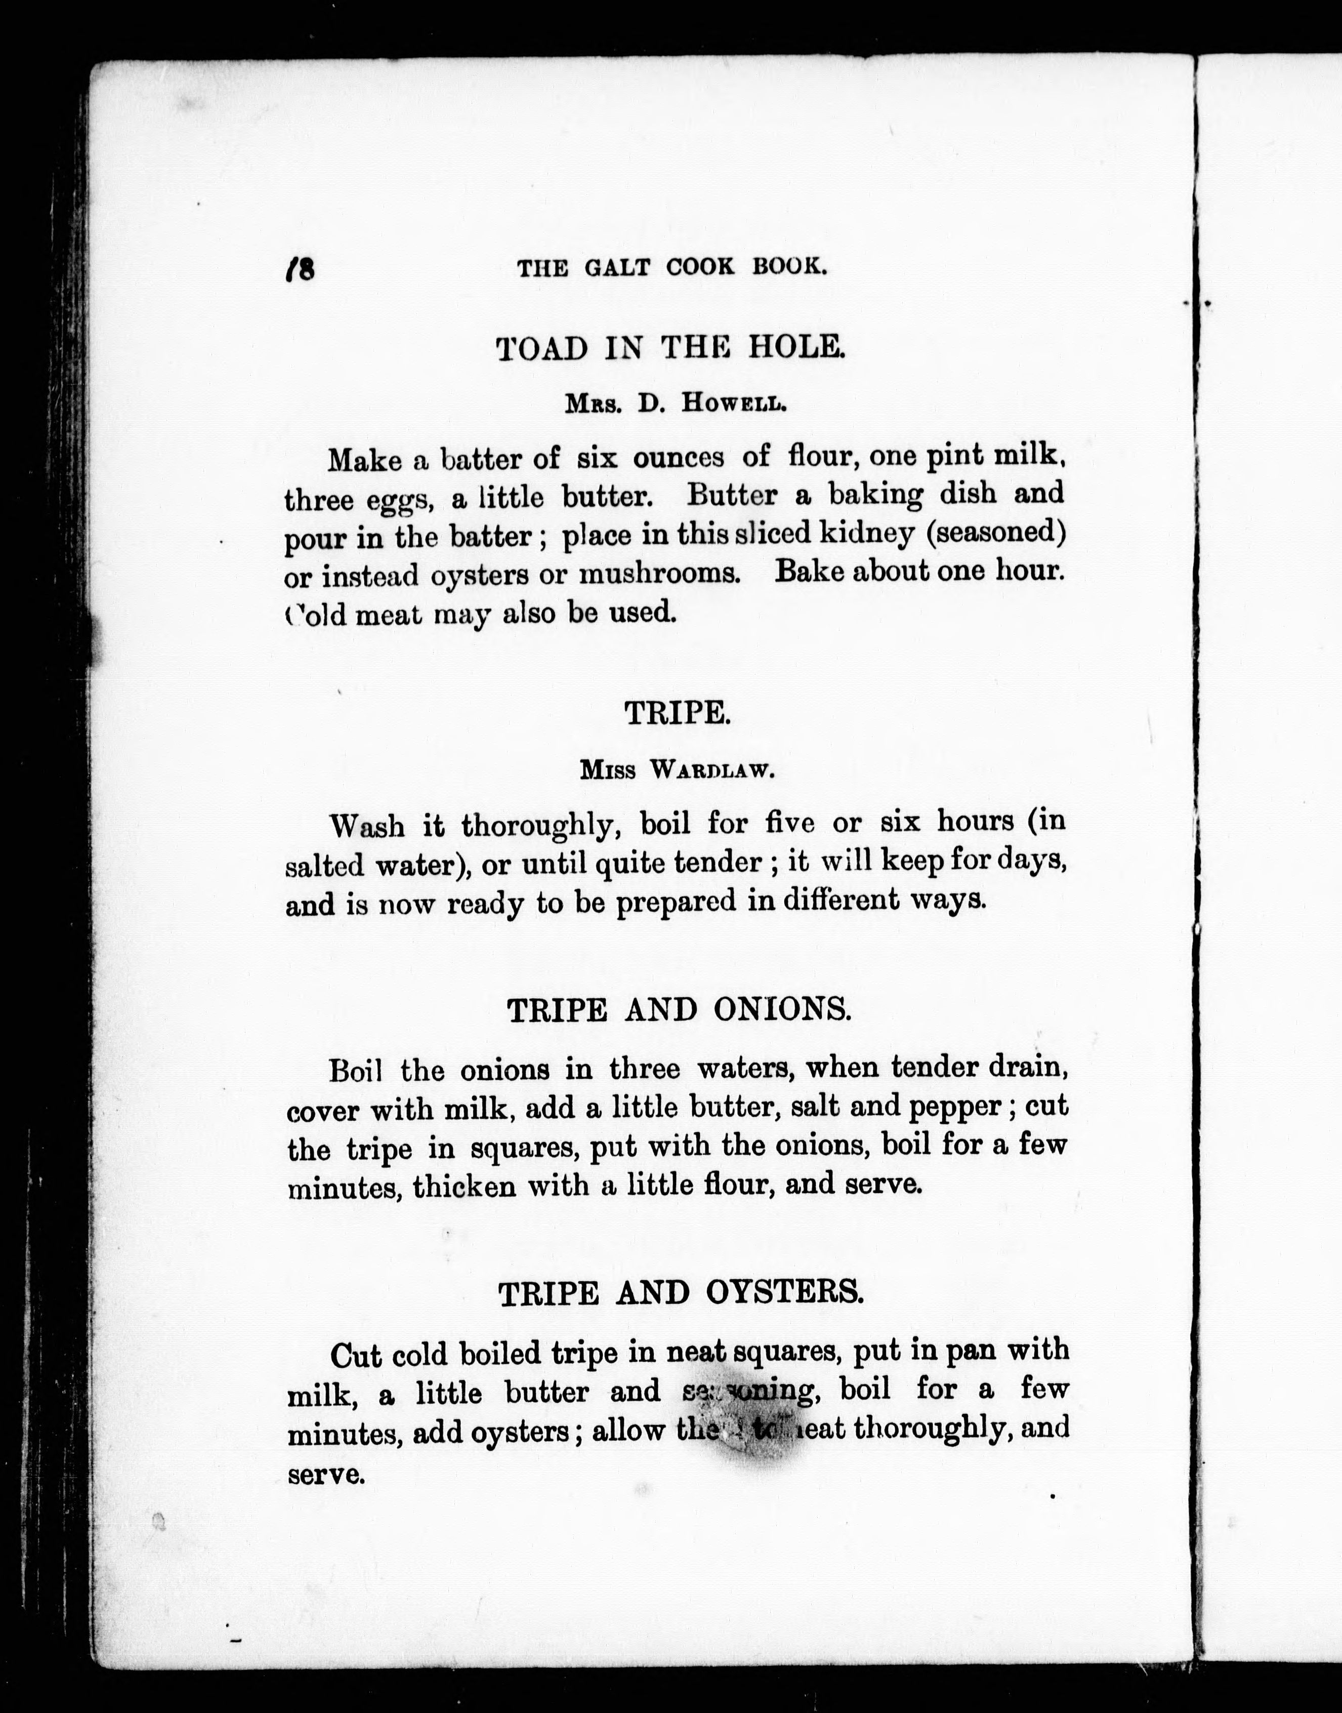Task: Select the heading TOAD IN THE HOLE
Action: [x=670, y=347]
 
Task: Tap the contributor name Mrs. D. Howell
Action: [x=675, y=404]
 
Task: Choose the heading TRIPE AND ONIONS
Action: [x=679, y=1010]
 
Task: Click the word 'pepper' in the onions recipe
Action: [x=954, y=1107]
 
